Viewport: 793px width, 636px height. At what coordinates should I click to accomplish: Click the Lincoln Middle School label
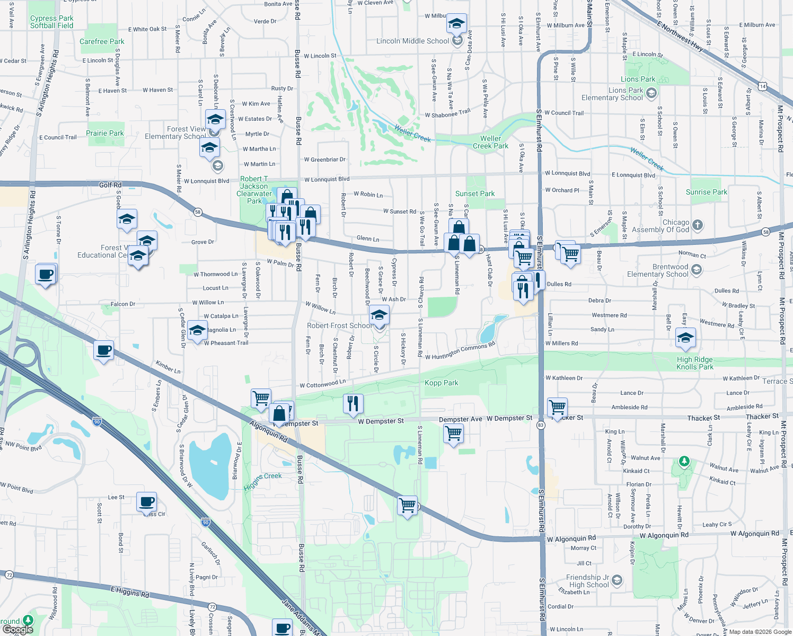coord(412,41)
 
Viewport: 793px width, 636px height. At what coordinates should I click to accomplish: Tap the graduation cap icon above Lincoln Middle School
coord(456,24)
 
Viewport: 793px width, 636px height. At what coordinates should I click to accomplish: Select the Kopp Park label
coord(441,383)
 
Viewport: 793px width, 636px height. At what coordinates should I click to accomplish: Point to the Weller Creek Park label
coord(490,142)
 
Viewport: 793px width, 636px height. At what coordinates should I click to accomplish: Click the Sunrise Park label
coord(706,192)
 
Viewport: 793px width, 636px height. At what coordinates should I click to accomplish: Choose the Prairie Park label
coord(105,133)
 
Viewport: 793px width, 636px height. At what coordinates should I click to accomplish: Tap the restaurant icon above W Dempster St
coord(353,404)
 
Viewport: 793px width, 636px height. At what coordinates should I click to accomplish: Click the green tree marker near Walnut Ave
coord(684,461)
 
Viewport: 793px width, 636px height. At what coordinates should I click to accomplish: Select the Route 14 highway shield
coord(762,86)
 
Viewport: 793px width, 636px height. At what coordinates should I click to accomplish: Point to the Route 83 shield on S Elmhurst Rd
coord(541,425)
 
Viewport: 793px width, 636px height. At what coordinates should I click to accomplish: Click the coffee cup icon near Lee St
coord(147,501)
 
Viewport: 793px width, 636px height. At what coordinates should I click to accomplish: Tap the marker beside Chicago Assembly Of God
coord(698,225)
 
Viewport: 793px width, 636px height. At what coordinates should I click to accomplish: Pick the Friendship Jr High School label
coord(587,581)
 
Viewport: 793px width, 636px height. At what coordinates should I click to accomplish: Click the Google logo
coord(17,630)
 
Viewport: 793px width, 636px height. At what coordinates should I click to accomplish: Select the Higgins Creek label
coord(263,481)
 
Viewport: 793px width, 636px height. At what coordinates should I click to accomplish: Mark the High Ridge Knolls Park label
coord(695,363)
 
